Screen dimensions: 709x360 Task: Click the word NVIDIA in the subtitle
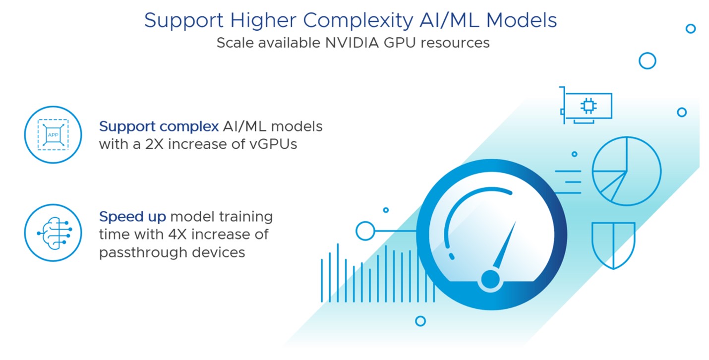[352, 43]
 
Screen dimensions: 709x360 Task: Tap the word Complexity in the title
[358, 21]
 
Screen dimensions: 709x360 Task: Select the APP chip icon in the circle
[53, 134]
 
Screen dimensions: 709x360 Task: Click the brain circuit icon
[55, 233]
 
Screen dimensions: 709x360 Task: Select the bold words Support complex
[159, 127]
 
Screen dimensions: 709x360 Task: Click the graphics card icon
[586, 105]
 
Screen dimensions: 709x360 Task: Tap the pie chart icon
[626, 171]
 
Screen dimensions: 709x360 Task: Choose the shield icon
[613, 245]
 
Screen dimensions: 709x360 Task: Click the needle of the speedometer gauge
[505, 245]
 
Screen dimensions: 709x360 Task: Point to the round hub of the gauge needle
[490, 279]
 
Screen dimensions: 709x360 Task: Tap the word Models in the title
[521, 21]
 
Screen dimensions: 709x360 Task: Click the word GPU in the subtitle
[400, 43]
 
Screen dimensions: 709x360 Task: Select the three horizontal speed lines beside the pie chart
[568, 182]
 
